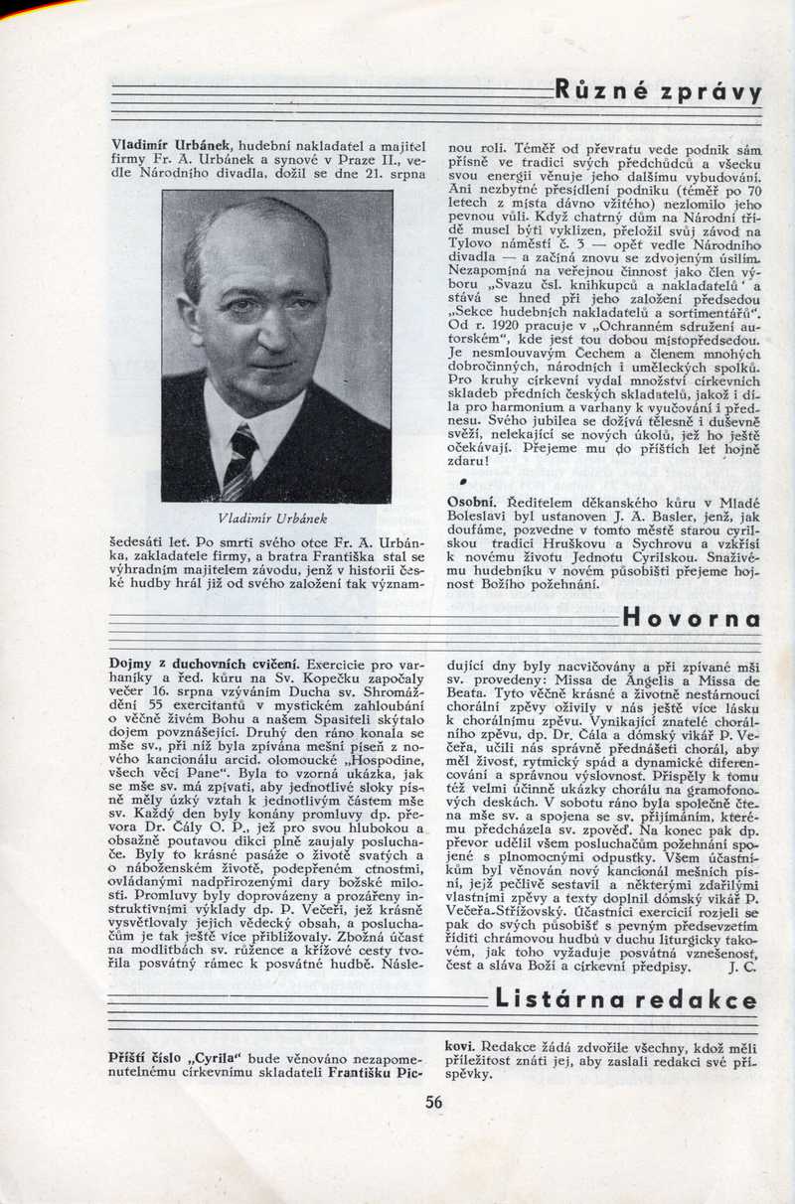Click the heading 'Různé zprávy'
658,92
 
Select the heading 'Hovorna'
692,617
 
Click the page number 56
434,1102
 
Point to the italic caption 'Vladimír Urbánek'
276,519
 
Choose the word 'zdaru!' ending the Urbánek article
469,461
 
